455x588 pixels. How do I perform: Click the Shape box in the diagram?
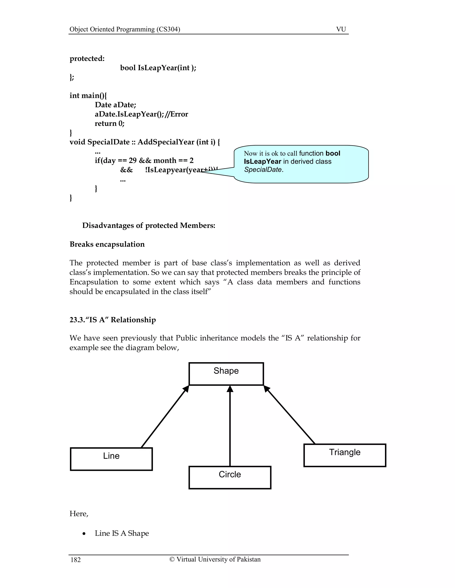[226, 374]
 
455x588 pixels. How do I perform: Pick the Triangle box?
[345, 455]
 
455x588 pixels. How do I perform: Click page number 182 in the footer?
[76, 560]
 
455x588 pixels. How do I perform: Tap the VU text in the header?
[341, 29]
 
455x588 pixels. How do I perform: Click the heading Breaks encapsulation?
[107, 244]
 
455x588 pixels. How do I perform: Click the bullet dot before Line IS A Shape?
[84, 534]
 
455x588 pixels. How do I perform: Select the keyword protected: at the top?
[87, 58]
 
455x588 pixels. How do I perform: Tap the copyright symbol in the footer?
[172, 559]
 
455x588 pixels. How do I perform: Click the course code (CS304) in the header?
[168, 29]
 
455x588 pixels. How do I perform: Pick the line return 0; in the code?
[110, 123]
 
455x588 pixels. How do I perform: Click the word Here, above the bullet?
[79, 513]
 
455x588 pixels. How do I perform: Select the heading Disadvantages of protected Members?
[149, 225]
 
